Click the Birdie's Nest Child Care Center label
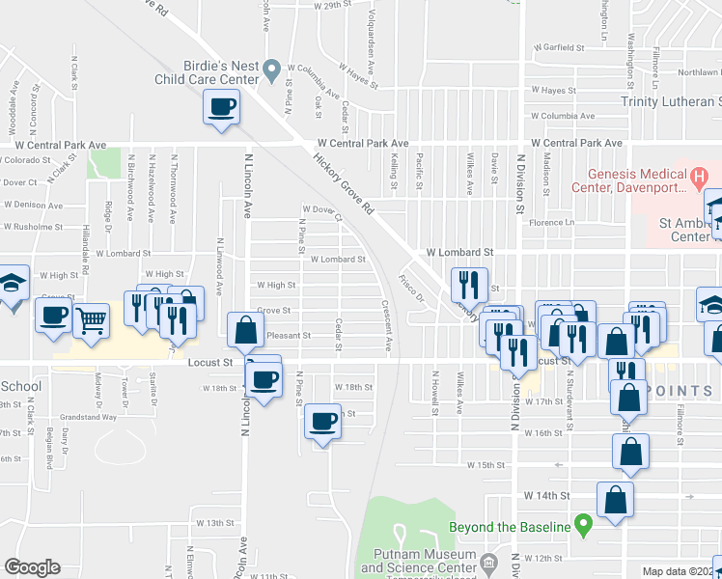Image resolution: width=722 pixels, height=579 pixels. click(x=207, y=72)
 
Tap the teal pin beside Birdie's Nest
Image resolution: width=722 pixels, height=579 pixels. click(x=272, y=68)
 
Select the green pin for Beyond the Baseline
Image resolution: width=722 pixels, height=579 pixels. click(x=582, y=527)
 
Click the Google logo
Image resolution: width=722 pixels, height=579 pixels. click(x=32, y=567)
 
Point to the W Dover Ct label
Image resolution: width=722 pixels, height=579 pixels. click(x=322, y=211)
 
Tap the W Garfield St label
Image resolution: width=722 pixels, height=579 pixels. click(x=560, y=47)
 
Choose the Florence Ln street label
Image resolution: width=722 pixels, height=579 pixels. click(x=550, y=223)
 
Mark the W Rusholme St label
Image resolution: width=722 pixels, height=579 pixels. click(x=34, y=228)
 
